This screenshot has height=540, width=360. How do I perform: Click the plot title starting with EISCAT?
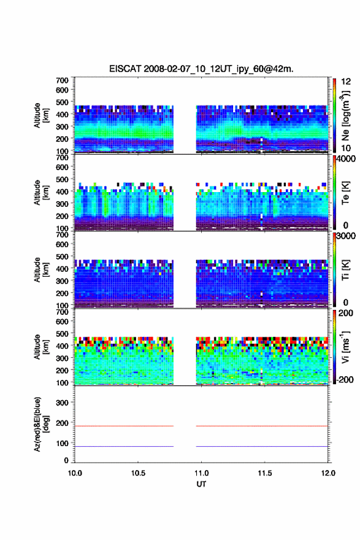coord(201,69)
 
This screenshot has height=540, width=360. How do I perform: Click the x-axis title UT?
coord(201,484)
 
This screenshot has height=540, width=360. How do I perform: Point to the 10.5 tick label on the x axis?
coord(138,473)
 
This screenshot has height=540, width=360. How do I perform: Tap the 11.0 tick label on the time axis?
coord(201,473)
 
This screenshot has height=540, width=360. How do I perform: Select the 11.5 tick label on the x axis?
coord(265,473)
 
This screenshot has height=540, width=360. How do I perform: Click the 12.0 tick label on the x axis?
coord(328,473)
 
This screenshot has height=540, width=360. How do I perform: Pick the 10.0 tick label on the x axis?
coord(75,473)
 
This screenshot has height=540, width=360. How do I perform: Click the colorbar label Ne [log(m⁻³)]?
coord(345,115)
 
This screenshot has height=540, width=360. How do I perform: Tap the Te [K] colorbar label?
coord(345,193)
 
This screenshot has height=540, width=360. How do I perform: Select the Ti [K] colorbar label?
coord(345,270)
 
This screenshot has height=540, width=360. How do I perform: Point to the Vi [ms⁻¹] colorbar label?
coord(345,347)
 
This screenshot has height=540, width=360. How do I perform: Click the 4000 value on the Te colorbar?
coord(346,159)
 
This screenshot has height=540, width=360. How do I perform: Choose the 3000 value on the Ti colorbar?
coord(346,236)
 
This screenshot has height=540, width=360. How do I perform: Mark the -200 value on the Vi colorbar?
coord(344,379)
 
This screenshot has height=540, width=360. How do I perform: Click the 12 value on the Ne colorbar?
coord(346,82)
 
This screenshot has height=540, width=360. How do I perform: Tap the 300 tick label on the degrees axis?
coord(62,403)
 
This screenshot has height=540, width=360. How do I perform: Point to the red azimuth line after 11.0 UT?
coord(262,426)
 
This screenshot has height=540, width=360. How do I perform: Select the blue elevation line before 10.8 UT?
coord(124,446)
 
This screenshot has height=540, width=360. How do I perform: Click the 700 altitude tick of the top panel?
coord(62,80)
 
